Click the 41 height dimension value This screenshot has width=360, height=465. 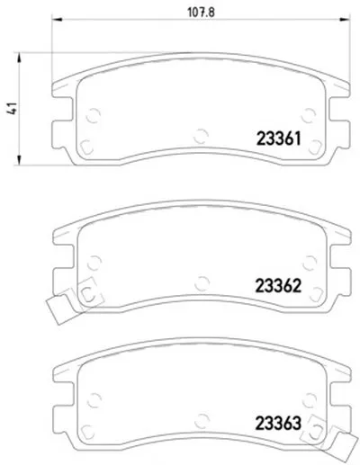(x=12, y=108)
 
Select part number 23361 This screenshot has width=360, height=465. (x=278, y=139)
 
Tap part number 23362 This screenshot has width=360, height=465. (x=278, y=286)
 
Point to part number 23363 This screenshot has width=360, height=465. (x=278, y=423)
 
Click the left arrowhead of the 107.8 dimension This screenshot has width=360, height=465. (x=57, y=20)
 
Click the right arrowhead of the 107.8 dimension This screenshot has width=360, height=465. (x=345, y=20)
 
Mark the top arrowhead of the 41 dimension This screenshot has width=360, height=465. (x=19, y=58)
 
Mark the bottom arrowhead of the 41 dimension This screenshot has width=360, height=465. (x=19, y=160)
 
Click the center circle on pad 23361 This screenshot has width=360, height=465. (x=201, y=137)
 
